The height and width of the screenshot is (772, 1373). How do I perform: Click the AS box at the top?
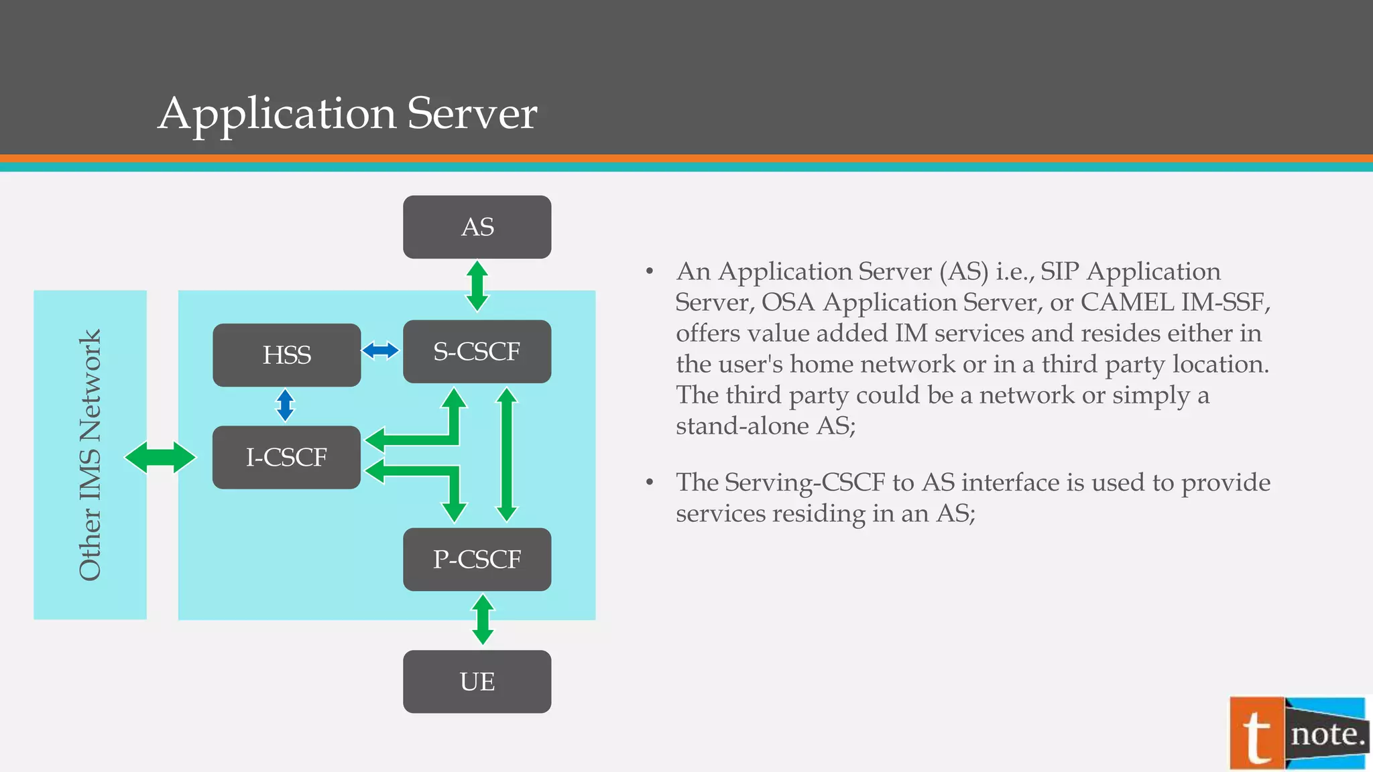(x=477, y=227)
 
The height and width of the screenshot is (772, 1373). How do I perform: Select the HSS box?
(x=286, y=355)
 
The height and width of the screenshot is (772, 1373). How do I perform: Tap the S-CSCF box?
(x=477, y=352)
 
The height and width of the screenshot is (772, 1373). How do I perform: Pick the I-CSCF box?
(x=286, y=458)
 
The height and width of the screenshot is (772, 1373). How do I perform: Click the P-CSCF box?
(x=477, y=560)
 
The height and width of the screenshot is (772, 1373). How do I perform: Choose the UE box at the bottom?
(x=477, y=682)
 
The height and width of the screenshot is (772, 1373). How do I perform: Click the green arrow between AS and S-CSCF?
(x=477, y=287)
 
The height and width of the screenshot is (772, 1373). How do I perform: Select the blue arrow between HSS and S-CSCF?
(x=380, y=350)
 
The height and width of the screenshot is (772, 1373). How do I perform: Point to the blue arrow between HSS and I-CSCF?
(x=286, y=405)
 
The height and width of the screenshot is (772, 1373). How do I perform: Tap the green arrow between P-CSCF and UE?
(x=483, y=620)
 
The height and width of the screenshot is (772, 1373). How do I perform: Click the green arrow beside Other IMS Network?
(x=160, y=458)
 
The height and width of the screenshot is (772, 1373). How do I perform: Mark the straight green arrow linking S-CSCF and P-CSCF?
(x=507, y=455)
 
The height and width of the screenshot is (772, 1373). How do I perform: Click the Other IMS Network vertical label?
(x=90, y=455)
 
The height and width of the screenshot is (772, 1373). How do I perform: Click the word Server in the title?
(x=471, y=113)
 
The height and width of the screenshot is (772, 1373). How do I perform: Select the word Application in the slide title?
(x=278, y=113)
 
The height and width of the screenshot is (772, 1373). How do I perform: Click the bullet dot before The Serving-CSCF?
(x=650, y=482)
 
